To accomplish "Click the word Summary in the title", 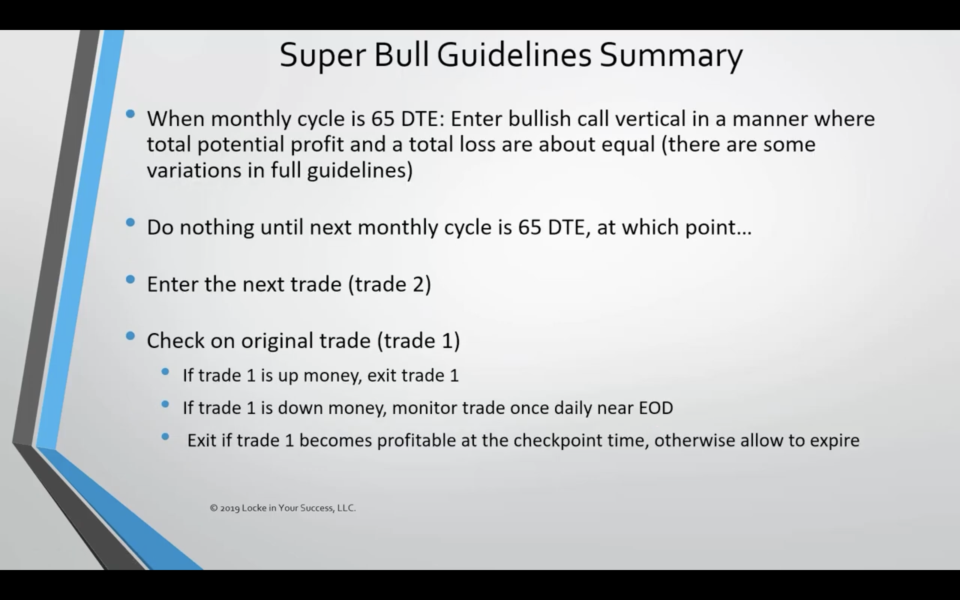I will pyautogui.click(x=671, y=56).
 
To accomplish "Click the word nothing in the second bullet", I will pyautogui.click(x=217, y=228).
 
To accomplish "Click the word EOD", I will pyautogui.click(x=656, y=408).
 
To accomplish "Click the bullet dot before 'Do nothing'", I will pyautogui.click(x=130, y=223).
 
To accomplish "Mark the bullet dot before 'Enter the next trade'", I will pyautogui.click(x=130, y=280).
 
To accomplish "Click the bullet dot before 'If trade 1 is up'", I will pyautogui.click(x=165, y=372).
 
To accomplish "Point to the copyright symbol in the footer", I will pyautogui.click(x=214, y=508).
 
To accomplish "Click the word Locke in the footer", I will pyautogui.click(x=254, y=508).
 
